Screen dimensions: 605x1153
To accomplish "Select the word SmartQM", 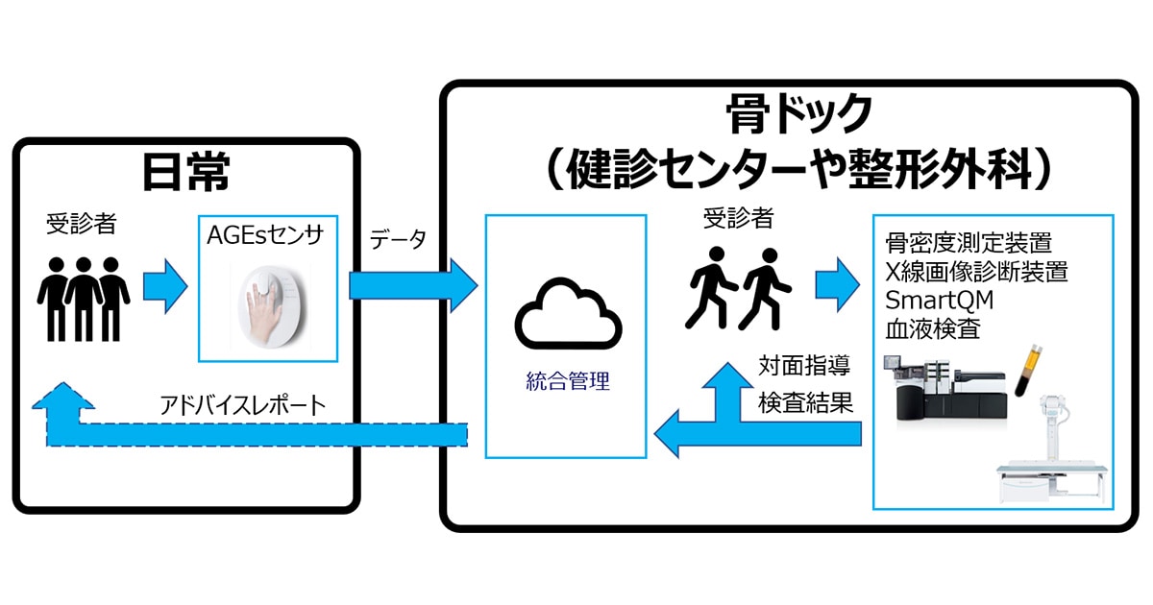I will pos(939,300).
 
